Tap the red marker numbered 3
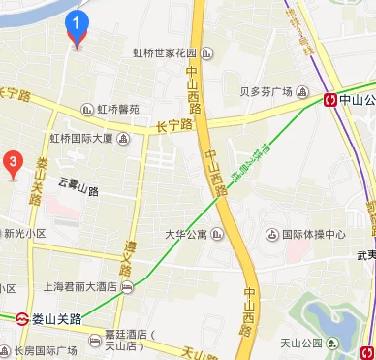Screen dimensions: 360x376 13,162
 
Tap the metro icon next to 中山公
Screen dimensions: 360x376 330,98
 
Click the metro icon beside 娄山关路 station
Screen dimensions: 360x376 22,317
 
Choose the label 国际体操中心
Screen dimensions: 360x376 313,234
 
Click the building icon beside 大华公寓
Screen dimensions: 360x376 218,233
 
